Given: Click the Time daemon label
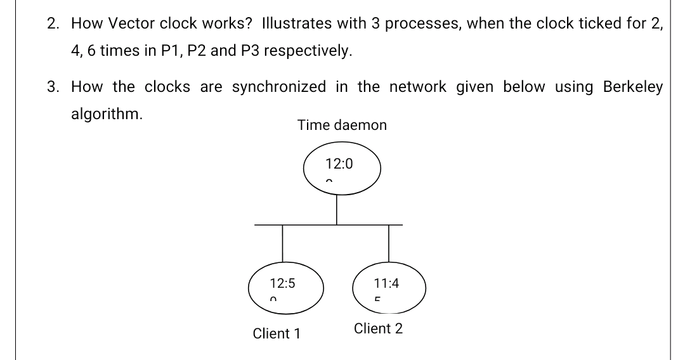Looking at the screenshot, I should pyautogui.click(x=342, y=125).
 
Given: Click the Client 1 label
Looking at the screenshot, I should pyautogui.click(x=277, y=333).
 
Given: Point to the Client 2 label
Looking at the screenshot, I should pyautogui.click(x=378, y=329).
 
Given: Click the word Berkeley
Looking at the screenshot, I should pyautogui.click(x=623, y=87).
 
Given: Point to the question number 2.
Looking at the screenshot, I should pyautogui.click(x=53, y=23).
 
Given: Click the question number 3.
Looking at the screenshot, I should pyautogui.click(x=53, y=87).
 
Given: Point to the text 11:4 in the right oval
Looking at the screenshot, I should pyautogui.click(x=386, y=283).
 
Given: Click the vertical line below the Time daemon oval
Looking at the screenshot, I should pyautogui.click(x=337, y=209).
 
